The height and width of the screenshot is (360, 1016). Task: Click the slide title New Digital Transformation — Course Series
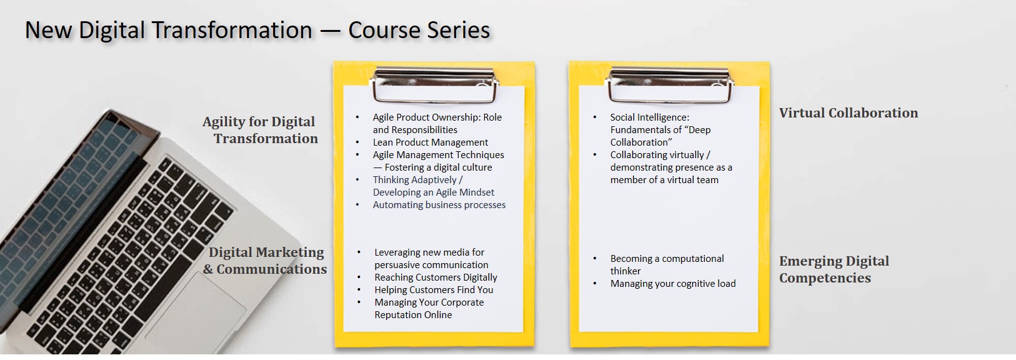257,31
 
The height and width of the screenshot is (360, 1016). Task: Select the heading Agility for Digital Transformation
260,129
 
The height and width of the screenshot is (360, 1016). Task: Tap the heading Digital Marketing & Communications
266,260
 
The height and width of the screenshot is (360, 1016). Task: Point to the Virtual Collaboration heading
848,112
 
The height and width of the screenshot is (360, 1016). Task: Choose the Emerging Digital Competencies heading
834,269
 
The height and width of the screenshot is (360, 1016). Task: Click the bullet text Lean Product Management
430,142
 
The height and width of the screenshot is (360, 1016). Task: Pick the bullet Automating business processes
439,205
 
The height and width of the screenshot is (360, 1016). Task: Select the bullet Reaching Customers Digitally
436,277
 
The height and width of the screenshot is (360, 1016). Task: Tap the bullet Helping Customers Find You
434,290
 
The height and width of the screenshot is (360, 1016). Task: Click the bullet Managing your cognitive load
672,283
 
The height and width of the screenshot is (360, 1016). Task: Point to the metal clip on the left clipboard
434,85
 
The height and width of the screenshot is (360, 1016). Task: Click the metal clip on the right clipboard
669,85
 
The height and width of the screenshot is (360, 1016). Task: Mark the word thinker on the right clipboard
625,271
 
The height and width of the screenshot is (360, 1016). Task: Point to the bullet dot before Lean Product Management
357,142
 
